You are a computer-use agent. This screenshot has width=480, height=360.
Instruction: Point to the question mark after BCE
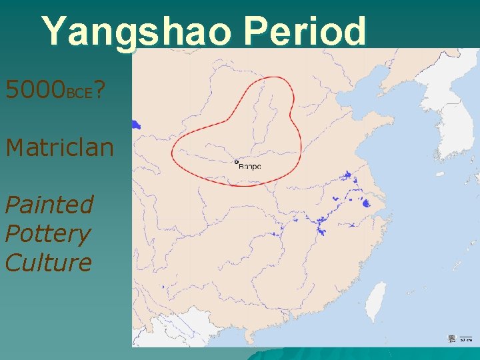pos(98,89)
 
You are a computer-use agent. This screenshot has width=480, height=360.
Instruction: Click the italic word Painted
pos(49,205)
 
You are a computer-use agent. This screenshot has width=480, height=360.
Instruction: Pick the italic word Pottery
pos(47,233)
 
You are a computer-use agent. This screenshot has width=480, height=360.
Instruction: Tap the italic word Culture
pos(48,263)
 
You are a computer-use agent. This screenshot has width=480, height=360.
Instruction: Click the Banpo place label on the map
pos(250,166)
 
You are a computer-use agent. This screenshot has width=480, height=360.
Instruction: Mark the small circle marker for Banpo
pos(236,161)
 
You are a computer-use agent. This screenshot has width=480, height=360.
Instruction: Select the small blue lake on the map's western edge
pos(136,124)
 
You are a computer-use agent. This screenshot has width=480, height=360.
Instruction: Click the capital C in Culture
pos(14,263)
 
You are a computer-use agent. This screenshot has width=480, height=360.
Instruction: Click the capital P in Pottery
pos(13,233)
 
